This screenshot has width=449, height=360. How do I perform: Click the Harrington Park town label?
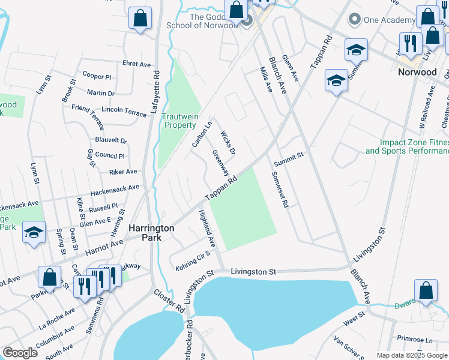[x=151, y=233]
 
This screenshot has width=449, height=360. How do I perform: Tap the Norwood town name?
[x=417, y=72]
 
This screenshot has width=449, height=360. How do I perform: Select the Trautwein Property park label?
[x=180, y=121]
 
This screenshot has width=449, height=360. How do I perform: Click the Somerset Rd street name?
[x=280, y=190]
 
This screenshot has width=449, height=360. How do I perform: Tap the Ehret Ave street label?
[x=136, y=64]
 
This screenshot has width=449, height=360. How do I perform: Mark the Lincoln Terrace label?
[x=124, y=112]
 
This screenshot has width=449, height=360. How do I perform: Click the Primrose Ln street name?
[x=420, y=340]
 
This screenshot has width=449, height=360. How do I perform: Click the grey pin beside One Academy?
[x=354, y=19]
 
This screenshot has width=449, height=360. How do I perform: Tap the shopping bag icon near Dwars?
[x=426, y=290]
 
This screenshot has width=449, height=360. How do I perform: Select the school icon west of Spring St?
[x=34, y=232]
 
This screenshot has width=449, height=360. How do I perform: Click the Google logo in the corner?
[x=20, y=353]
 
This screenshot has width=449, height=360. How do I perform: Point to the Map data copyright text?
[x=411, y=355]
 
